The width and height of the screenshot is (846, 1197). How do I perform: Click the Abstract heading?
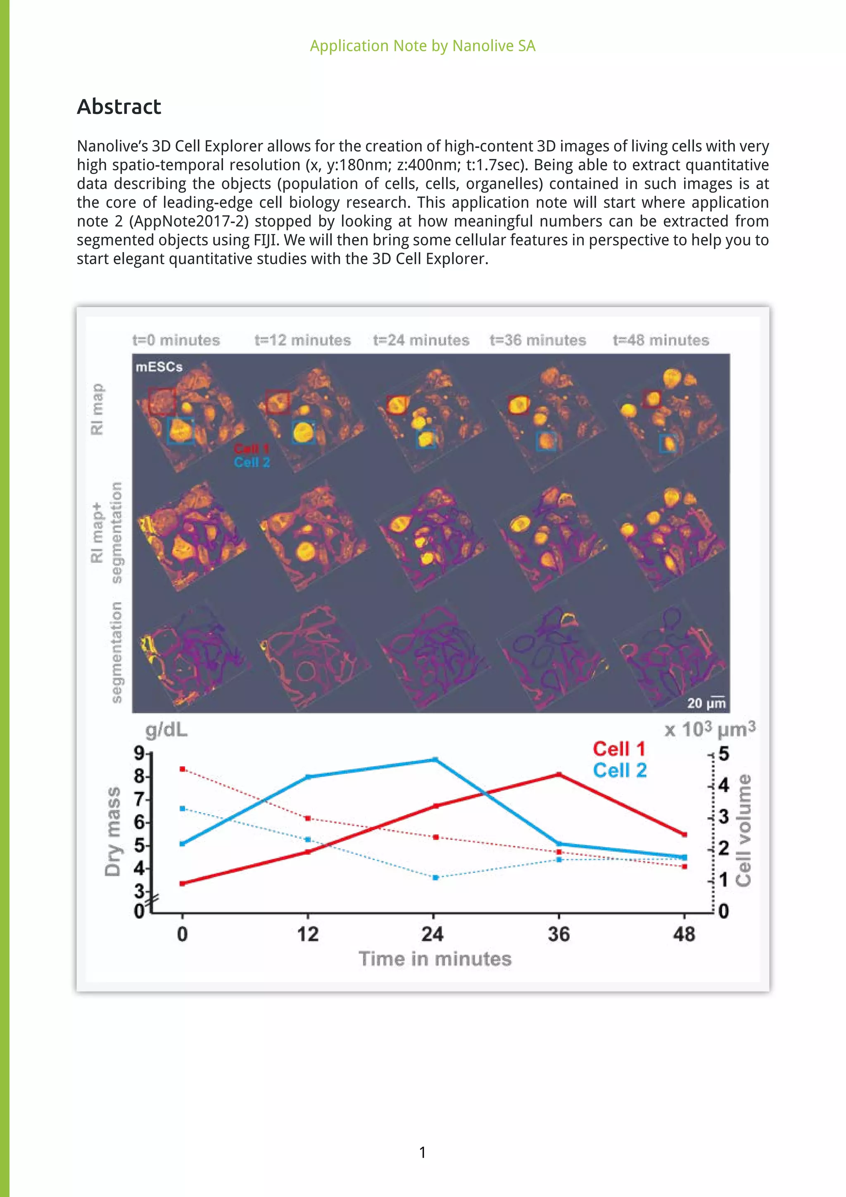[119, 107]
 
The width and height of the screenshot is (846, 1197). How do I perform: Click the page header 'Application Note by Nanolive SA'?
[423, 46]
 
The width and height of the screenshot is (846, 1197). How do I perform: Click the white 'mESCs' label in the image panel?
[159, 367]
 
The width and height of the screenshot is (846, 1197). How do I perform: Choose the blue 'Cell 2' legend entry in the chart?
[619, 770]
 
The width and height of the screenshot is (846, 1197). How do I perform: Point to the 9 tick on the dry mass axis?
[140, 753]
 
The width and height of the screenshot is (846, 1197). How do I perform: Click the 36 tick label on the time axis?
[558, 934]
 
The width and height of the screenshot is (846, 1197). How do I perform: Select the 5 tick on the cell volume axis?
[724, 754]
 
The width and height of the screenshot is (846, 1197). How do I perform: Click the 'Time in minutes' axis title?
[435, 959]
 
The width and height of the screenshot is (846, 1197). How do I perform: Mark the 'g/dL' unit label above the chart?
[166, 730]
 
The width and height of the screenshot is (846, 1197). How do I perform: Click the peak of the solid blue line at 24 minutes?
[435, 760]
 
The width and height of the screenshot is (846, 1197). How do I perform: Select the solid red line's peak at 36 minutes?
[559, 774]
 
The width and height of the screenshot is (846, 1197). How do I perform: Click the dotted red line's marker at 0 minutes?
[182, 769]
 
